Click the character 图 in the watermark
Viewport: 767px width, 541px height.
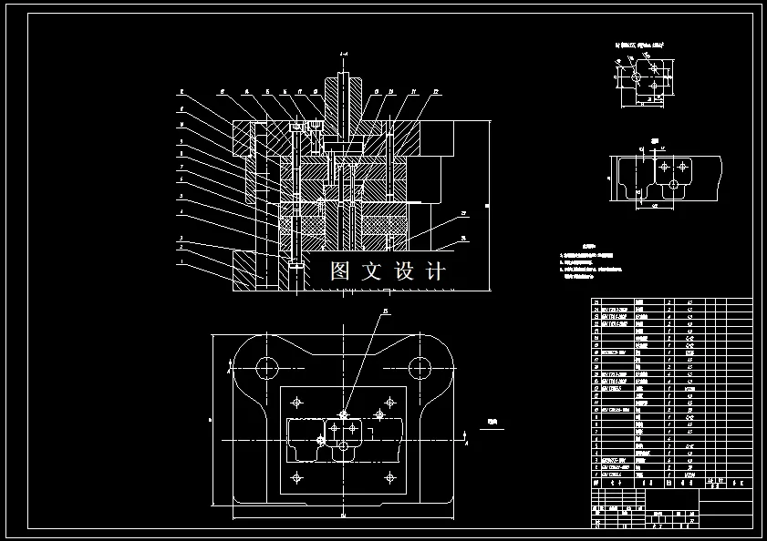pyautogui.click(x=340, y=271)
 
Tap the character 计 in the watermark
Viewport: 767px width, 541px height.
pyautogui.click(x=436, y=271)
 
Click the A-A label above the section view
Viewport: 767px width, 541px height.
pyautogui.click(x=343, y=55)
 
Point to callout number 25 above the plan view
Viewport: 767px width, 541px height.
pyautogui.click(x=385, y=311)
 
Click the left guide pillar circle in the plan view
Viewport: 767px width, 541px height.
pyautogui.click(x=266, y=368)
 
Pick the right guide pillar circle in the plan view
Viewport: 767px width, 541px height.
pyautogui.click(x=420, y=368)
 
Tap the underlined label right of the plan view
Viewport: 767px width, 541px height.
pyautogui.click(x=493, y=423)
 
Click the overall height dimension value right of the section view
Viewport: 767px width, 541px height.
pyautogui.click(x=488, y=206)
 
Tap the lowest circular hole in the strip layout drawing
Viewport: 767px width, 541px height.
pyautogui.click(x=673, y=185)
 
